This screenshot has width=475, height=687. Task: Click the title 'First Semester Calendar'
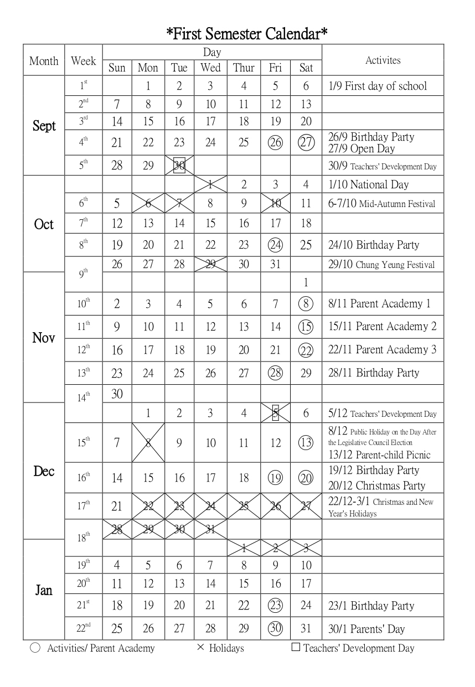coord(247,34)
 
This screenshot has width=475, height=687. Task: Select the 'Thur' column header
coord(244,68)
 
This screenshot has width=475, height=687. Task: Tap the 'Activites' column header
coord(383,60)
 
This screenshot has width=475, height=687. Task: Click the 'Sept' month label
coord(44,126)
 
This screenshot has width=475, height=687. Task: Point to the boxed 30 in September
coord(179,166)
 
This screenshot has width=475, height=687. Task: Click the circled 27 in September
coord(306,142)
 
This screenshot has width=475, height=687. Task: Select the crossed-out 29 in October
coord(210,264)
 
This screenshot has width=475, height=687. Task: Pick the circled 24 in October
coord(275,245)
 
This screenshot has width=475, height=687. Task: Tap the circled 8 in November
coord(306,303)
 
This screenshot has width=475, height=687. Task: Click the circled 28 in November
coord(275,373)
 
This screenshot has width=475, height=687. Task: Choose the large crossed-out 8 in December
coord(148,442)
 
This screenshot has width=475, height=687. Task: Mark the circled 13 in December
coord(306,442)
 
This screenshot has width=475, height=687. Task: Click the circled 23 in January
coord(275,605)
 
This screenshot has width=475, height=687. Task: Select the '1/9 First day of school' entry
coord(378,86)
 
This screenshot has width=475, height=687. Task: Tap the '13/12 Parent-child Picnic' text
coord(379,455)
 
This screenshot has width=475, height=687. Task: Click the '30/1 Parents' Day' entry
coord(366,629)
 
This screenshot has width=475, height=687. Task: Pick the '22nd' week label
coord(84,627)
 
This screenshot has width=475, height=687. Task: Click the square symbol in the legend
coord(296,647)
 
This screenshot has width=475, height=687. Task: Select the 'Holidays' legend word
coord(226,648)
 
